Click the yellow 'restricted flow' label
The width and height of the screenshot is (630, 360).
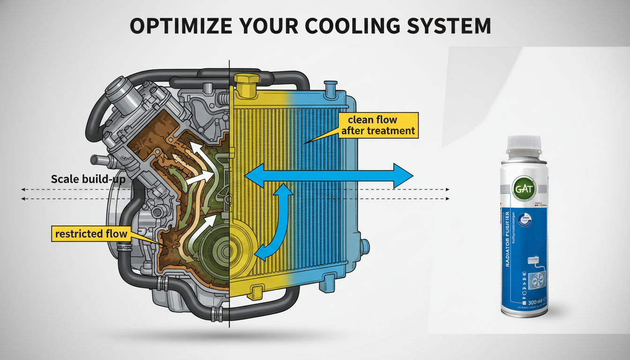tap(91, 233)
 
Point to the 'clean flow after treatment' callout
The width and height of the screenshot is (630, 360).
tap(378, 125)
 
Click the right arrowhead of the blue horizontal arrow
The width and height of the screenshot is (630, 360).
tap(403, 176)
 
